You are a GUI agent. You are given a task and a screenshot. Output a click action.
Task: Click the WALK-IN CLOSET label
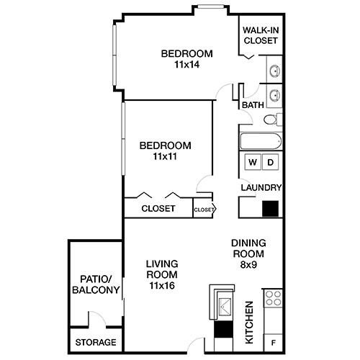(x=261, y=35)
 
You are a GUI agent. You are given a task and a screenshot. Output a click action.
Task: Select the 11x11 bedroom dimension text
(x=165, y=156)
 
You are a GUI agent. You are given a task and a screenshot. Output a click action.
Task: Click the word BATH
(x=253, y=105)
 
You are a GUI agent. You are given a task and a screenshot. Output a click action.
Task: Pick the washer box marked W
(x=253, y=162)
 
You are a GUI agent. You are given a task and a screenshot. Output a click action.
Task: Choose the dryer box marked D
(x=271, y=162)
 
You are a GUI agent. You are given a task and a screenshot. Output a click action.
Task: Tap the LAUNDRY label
(x=261, y=188)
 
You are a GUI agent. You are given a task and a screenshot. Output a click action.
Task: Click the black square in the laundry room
(x=271, y=208)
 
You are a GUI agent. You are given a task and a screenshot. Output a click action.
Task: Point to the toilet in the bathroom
(x=271, y=120)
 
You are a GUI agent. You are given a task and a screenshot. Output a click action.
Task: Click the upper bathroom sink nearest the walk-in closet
(x=274, y=71)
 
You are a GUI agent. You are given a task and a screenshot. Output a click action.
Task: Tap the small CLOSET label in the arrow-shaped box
(x=203, y=210)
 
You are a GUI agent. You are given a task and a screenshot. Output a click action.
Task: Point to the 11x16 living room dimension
(x=163, y=286)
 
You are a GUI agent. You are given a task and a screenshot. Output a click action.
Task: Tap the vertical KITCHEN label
(x=248, y=323)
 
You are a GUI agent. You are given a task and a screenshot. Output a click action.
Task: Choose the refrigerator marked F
(x=274, y=341)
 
